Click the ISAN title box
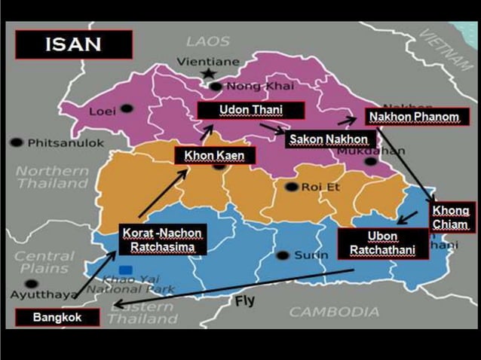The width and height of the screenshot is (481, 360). pyautogui.click(x=73, y=44)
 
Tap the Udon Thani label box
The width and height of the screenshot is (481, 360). pyautogui.click(x=250, y=110)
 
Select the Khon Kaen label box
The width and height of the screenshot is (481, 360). pyautogui.click(x=215, y=155)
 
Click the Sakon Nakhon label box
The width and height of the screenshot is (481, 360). pyautogui.click(x=329, y=139)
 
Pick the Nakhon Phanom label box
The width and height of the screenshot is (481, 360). pyautogui.click(x=418, y=117)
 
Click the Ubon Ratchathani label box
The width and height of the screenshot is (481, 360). pyautogui.click(x=383, y=243)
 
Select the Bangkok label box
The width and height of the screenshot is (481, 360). pyautogui.click(x=57, y=318)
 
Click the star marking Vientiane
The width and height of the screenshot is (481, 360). pyautogui.click(x=208, y=73)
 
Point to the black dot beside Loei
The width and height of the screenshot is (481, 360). pyautogui.click(x=127, y=109)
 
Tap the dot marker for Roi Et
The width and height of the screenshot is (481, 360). pyautogui.click(x=292, y=186)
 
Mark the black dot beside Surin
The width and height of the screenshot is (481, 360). pyautogui.click(x=283, y=255)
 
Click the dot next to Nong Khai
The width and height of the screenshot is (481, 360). pyautogui.click(x=216, y=86)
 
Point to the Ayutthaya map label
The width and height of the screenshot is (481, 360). pyautogui.click(x=50, y=294)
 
